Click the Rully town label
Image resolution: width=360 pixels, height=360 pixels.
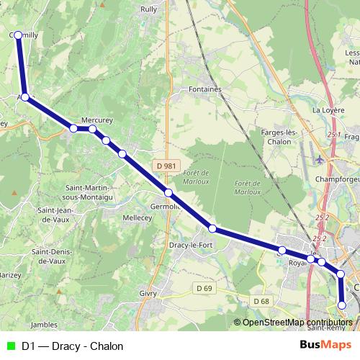point(149,9)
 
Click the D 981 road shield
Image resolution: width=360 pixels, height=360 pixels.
point(166,166)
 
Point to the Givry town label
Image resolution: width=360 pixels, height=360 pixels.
point(147,294)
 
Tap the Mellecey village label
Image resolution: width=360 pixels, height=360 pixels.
point(137,217)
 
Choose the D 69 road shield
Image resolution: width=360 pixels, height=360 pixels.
point(204,289)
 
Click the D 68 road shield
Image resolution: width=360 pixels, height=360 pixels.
point(261,301)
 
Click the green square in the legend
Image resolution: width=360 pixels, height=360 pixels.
point(9,346)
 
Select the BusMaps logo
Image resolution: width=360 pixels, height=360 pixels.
point(325,346)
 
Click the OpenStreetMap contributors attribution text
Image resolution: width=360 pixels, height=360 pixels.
point(297,323)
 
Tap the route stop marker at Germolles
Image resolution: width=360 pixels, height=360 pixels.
point(168,193)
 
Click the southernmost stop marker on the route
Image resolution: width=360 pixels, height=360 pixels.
point(342,305)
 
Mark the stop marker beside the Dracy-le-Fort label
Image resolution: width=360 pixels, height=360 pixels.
point(212,228)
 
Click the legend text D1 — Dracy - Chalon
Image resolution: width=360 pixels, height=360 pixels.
point(72,346)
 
